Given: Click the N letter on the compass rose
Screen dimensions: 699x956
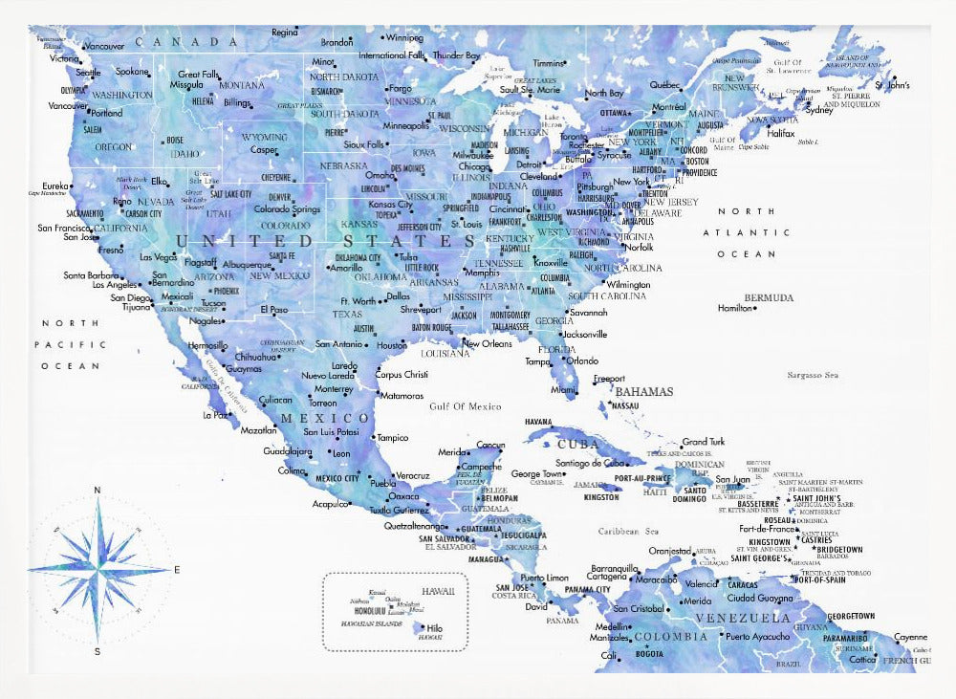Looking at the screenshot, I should (x=97, y=491).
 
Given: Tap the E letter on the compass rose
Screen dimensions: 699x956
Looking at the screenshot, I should (x=177, y=570).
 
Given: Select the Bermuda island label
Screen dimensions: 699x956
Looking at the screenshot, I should (x=769, y=297).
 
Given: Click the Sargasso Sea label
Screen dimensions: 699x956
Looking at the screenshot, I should (x=813, y=376).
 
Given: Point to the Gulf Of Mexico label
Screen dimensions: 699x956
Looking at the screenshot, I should (x=465, y=406).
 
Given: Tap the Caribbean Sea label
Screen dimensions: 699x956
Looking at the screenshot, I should (x=628, y=531).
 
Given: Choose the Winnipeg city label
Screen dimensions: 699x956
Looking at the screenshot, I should (x=404, y=38).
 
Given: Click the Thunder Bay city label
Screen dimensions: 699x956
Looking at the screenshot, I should (x=456, y=55).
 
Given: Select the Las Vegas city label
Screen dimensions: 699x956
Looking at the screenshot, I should (x=158, y=257).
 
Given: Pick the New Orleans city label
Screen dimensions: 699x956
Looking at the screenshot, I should (x=487, y=343).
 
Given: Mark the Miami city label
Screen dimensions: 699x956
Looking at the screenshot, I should (x=563, y=389).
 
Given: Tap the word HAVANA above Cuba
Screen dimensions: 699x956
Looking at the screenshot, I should (x=539, y=422).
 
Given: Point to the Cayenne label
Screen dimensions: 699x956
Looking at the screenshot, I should (x=910, y=637).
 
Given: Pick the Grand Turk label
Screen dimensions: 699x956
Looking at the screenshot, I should (x=703, y=442).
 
